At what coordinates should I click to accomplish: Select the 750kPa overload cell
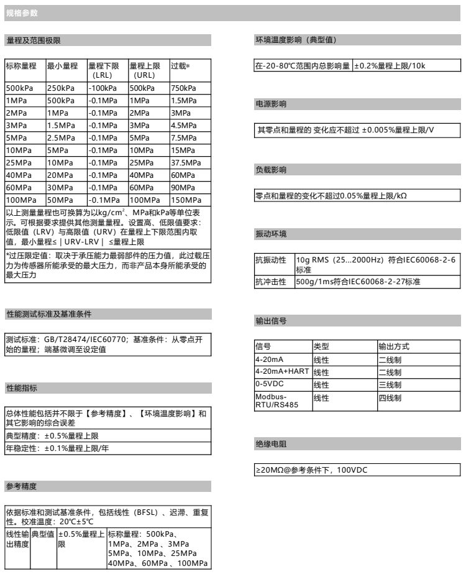[x=183, y=89]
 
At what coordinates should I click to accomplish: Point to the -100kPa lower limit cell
[x=100, y=89]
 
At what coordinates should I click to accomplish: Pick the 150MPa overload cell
[x=185, y=201]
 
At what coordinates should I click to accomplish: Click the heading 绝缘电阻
[x=268, y=444]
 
